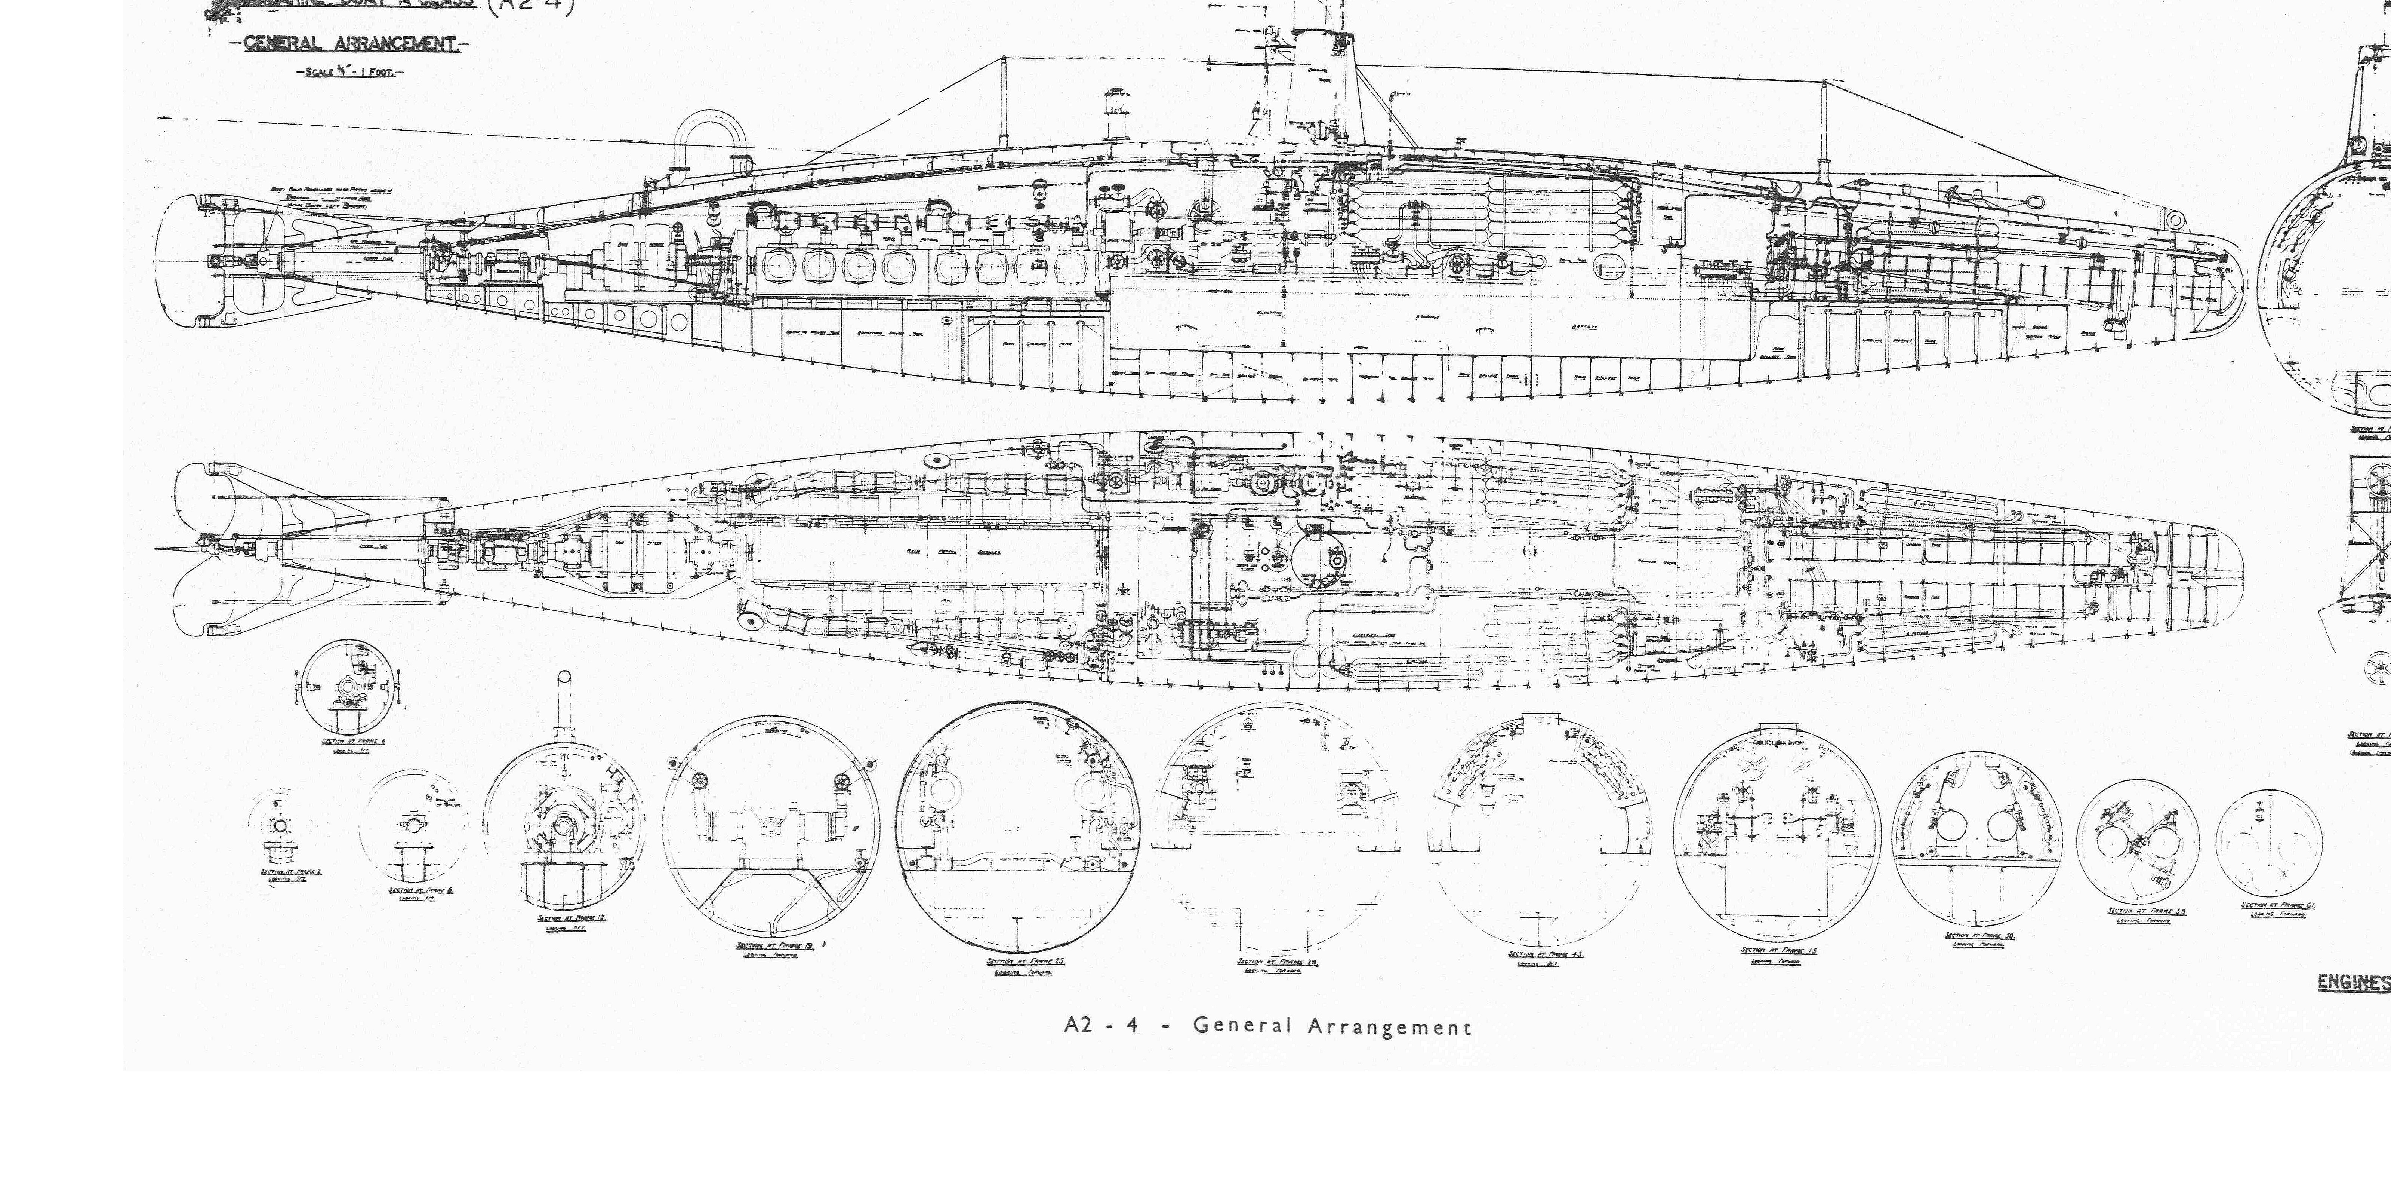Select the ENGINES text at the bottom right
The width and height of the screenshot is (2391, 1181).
pyautogui.click(x=2353, y=982)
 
